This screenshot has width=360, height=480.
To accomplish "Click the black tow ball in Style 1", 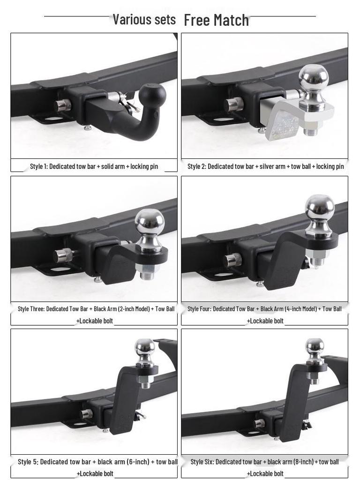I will point(152,95).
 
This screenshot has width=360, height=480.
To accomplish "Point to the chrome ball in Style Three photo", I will point(150,222).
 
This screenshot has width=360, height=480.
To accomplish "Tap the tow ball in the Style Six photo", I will point(315,347).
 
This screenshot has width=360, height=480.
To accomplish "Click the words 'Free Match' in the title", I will point(216,20).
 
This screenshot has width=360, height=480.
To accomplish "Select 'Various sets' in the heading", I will point(144,19).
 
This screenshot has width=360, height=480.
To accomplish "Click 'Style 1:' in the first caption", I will point(38,166).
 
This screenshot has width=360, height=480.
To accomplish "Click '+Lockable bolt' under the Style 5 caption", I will point(95,473).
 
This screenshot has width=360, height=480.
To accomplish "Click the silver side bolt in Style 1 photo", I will point(62,105).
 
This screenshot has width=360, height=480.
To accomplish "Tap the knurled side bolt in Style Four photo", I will point(232,259).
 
